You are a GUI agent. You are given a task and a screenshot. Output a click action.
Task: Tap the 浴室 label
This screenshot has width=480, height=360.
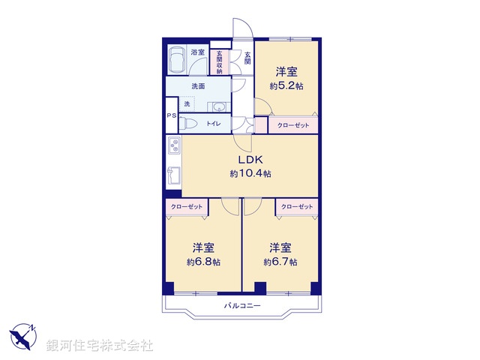coord(198,52)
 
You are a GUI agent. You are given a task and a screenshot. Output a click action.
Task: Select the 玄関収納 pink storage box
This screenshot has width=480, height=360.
coord(220,61)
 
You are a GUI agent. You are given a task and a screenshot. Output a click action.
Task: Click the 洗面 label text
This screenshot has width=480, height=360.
coord(198,86)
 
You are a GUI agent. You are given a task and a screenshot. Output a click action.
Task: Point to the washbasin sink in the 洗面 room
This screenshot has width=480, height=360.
coord(219,106)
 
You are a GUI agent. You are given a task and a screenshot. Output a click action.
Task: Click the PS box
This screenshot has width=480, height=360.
coord(172,115)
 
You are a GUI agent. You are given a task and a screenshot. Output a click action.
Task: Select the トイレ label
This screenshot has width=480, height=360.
coord(214,124)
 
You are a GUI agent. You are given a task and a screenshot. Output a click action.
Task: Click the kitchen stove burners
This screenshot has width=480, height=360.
coord(172,145)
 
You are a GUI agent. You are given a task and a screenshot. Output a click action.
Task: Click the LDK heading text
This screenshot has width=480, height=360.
coord(250,160)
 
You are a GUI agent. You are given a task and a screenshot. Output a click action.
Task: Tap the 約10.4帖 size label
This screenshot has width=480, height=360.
coord(250,174)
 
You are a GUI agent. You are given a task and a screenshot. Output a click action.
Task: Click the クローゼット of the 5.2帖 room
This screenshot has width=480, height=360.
coord(293,125)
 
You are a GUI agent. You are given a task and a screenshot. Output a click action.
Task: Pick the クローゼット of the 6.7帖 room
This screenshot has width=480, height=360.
coord(296,206)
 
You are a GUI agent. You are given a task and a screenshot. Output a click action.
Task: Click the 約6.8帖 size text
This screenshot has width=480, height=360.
coord(203,262)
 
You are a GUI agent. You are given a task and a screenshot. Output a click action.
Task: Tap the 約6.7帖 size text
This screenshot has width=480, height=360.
coord(280,262)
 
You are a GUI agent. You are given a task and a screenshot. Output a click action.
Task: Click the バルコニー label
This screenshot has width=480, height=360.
coord(242,306)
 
